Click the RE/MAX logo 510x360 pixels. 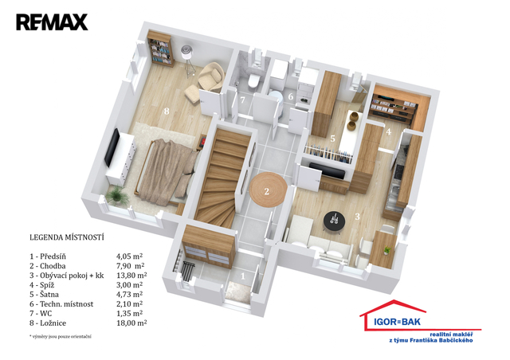coord(52,22)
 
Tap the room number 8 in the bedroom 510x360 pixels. coord(167,112)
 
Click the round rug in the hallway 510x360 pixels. coord(268,190)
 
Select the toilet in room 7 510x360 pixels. coord(253,80)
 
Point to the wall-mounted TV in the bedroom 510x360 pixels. coord(112,147)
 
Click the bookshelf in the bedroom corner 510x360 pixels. coord(160,48)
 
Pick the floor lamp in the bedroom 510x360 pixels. coord(188,61)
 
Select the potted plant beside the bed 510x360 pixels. coord(116,196)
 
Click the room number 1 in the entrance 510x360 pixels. coord(242,276)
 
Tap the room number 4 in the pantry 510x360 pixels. coord(388,131)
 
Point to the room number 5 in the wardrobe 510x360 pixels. coord(332,139)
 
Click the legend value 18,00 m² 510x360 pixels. coord(131,323)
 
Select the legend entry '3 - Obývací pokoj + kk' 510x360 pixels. coord(67,276)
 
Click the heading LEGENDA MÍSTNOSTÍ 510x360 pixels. coord(67,237)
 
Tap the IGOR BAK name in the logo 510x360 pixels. coord(397,322)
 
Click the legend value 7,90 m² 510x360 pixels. coord(131,266)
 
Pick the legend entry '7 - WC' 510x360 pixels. coord(41,314)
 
